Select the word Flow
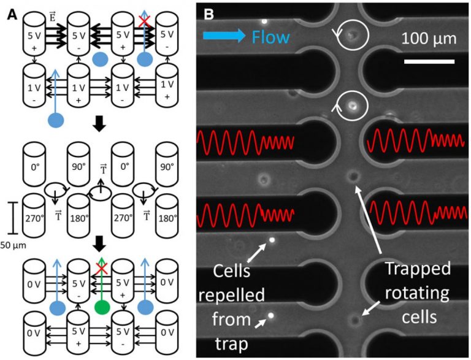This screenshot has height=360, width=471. [x=270, y=38]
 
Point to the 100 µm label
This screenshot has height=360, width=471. [x=429, y=40]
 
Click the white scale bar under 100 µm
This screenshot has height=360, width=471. [x=429, y=61]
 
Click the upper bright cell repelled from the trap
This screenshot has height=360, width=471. [x=269, y=241]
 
